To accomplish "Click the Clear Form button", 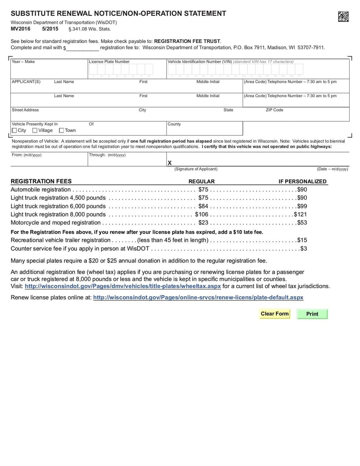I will click(274, 314).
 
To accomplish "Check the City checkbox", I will click(14, 131).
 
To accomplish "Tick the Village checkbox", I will click(35, 131).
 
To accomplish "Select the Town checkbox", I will click(62, 131).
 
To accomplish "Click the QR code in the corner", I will click(343, 17).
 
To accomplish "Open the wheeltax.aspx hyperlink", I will click(123, 286).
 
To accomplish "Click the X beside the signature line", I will click(170, 163).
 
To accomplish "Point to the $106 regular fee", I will click(202, 214).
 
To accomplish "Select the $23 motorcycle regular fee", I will click(203, 222).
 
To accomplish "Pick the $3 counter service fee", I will click(304, 248).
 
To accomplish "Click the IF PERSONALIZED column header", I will click(302, 181).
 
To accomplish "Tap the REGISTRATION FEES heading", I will click(41, 181).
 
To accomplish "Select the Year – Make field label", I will click(23, 62).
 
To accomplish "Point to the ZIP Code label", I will click(274, 110).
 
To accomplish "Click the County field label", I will click(174, 124).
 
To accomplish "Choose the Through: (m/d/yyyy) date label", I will click(108, 155).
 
